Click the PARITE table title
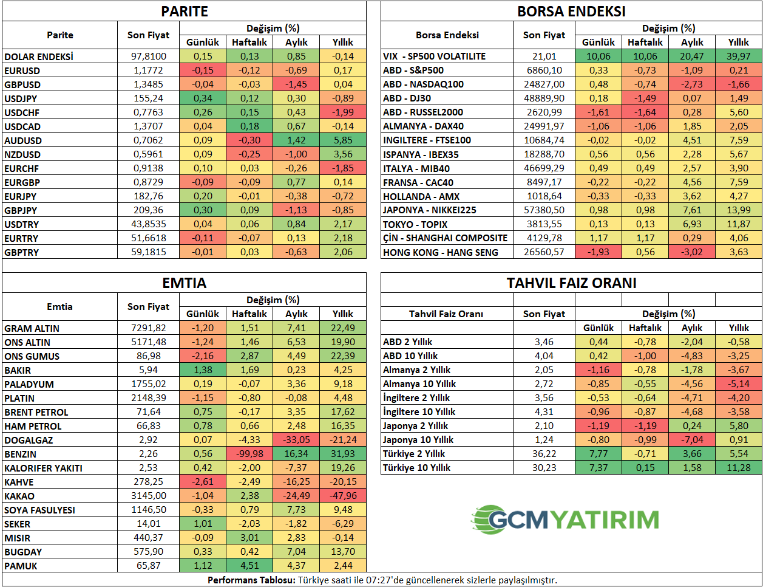coord(185,12)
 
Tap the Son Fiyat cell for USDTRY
coord(149,224)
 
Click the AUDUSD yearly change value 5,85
coord(343,140)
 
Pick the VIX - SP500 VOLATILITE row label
coord(434,57)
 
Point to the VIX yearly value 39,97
coord(739,57)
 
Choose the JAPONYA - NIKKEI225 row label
coord(429,210)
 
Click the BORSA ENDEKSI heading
coord(571,12)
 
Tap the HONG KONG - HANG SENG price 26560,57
coord(544,252)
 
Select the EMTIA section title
coord(185,283)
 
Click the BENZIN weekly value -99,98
coord(249,454)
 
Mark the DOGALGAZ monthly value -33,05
coord(296,440)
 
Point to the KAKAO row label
coord(19,496)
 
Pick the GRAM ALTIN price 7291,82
coord(149,328)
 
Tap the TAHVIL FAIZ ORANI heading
coord(571,283)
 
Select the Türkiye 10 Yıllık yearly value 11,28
coord(739,468)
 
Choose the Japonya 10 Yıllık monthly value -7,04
coord(692,440)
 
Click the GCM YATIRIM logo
coord(565,520)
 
